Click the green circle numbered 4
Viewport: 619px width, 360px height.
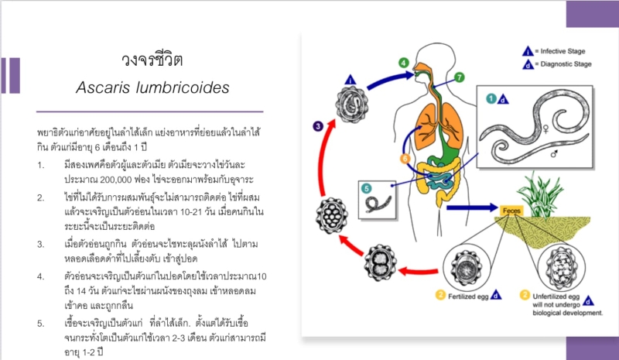point(403,63)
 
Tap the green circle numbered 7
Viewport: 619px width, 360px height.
point(459,77)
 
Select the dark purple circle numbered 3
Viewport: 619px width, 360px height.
point(318,126)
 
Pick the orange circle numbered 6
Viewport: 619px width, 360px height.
point(405,159)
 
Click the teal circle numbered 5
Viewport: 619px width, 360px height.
point(366,188)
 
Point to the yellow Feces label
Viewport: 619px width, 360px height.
point(511,211)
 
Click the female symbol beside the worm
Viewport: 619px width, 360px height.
point(546,129)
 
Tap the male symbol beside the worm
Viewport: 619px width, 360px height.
point(554,154)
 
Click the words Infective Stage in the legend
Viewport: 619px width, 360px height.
point(563,51)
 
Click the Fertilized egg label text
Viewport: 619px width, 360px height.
point(468,297)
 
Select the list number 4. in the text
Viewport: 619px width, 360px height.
point(41,276)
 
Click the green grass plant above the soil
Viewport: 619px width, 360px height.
point(539,195)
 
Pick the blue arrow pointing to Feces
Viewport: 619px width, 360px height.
point(472,207)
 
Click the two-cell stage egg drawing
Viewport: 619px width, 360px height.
point(381,262)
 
